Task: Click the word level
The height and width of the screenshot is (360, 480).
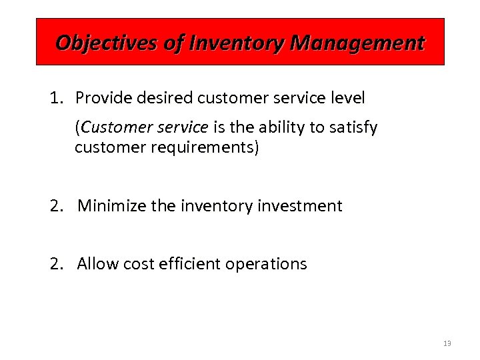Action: pos(347,99)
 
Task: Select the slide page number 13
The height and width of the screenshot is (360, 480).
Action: pos(447,343)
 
